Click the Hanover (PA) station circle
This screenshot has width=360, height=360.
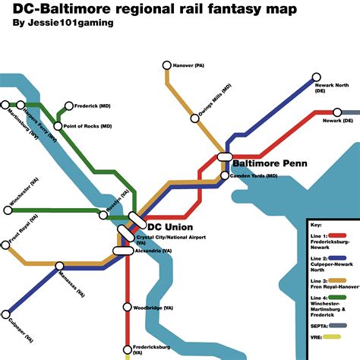pos(167,66)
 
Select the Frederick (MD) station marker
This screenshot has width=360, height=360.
pos(69,106)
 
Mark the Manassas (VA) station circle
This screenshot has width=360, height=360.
pos(60,266)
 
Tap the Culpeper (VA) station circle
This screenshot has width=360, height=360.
pos(6,313)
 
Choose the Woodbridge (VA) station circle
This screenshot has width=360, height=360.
pos(128,308)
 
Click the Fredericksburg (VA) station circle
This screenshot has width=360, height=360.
pos(128,351)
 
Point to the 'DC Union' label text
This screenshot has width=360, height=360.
pos(169,227)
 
